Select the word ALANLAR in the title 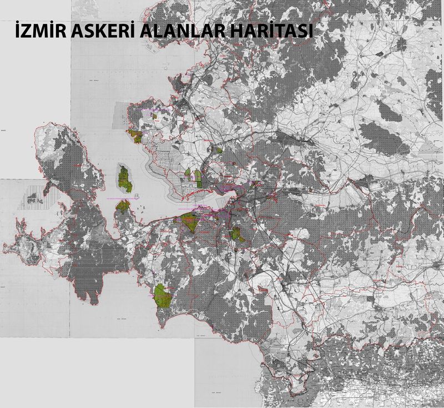(185, 32)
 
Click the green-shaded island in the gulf (125, 179)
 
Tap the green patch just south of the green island (123, 206)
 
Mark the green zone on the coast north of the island (135, 136)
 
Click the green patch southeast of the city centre (237, 234)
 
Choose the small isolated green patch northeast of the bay (220, 150)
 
